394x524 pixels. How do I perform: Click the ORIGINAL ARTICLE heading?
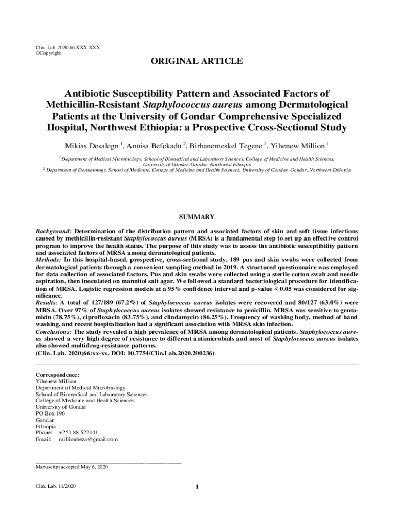click(196, 61)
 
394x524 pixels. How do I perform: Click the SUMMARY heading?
click(197, 217)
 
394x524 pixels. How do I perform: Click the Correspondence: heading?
click(57, 375)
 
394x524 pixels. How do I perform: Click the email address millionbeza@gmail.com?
click(88, 439)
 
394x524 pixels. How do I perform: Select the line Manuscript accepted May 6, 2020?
click(71, 467)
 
